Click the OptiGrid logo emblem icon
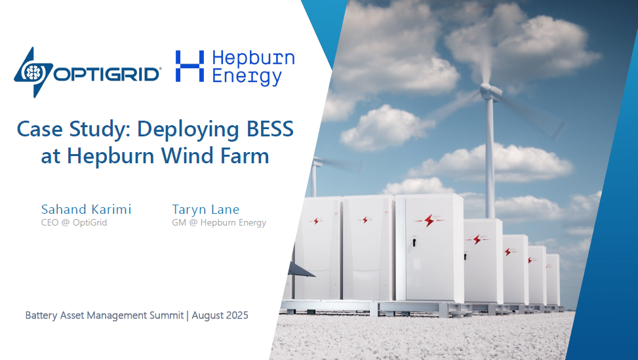tap(33, 72)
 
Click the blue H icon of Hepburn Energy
tap(189, 66)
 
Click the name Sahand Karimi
tap(87, 209)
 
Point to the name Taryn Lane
tap(205, 209)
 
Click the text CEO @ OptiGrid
tap(74, 222)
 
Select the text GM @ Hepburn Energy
tap(219, 222)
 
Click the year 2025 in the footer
tap(235, 315)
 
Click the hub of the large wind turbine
tap(487, 90)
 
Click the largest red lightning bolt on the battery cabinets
tap(429, 220)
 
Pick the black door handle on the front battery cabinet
tap(414, 243)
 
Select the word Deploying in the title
tap(189, 130)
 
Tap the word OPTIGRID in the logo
tap(106, 74)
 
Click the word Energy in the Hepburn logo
tap(247, 77)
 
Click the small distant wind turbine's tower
tap(313, 180)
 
